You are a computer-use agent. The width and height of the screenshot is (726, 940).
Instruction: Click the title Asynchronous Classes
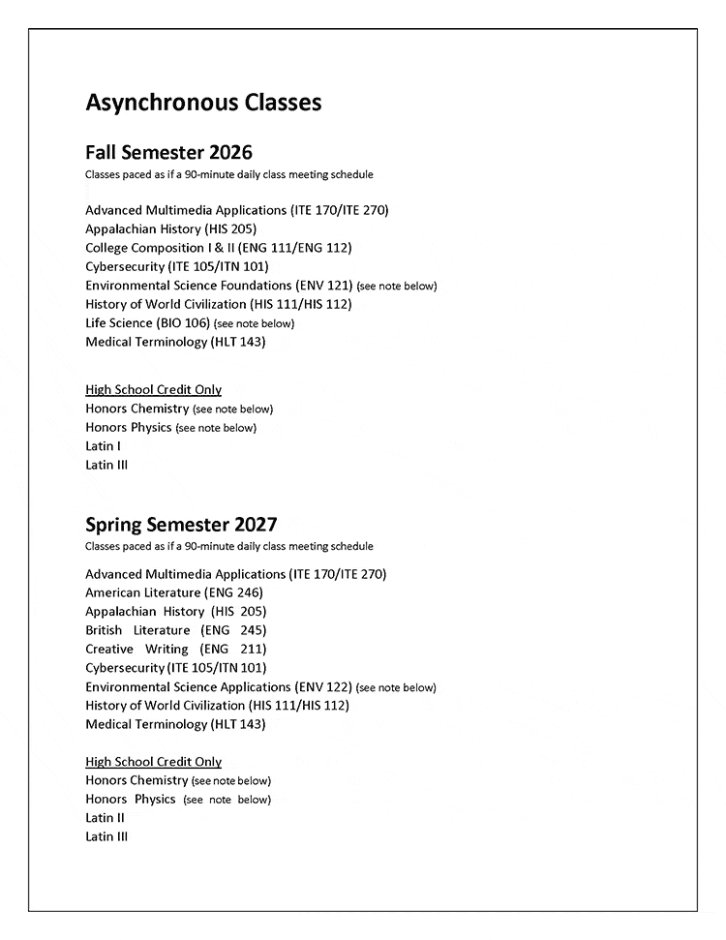[203, 102]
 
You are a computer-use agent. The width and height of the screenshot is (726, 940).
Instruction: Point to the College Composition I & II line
[219, 248]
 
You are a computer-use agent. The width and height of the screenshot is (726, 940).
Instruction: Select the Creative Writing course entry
[175, 649]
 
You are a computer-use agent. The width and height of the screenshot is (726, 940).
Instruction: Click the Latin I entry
[103, 446]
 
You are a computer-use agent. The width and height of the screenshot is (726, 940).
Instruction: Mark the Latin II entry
[105, 818]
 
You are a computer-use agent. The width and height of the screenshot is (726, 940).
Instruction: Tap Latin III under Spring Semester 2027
[106, 836]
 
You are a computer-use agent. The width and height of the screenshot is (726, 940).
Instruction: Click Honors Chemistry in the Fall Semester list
[136, 409]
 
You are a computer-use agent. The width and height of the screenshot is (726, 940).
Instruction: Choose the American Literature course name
[142, 592]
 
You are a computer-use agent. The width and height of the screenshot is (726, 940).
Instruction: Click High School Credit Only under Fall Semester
[153, 390]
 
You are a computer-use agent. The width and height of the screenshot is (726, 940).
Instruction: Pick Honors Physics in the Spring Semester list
[131, 800]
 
